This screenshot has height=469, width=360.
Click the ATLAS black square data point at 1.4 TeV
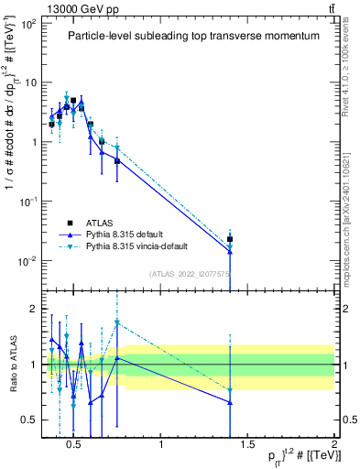click(230, 239)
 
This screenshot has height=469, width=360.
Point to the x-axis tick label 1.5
click(248, 445)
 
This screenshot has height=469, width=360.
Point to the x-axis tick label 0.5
click(76, 445)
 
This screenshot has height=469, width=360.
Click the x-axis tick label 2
click(333, 445)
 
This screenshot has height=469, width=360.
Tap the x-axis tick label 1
click(162, 445)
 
